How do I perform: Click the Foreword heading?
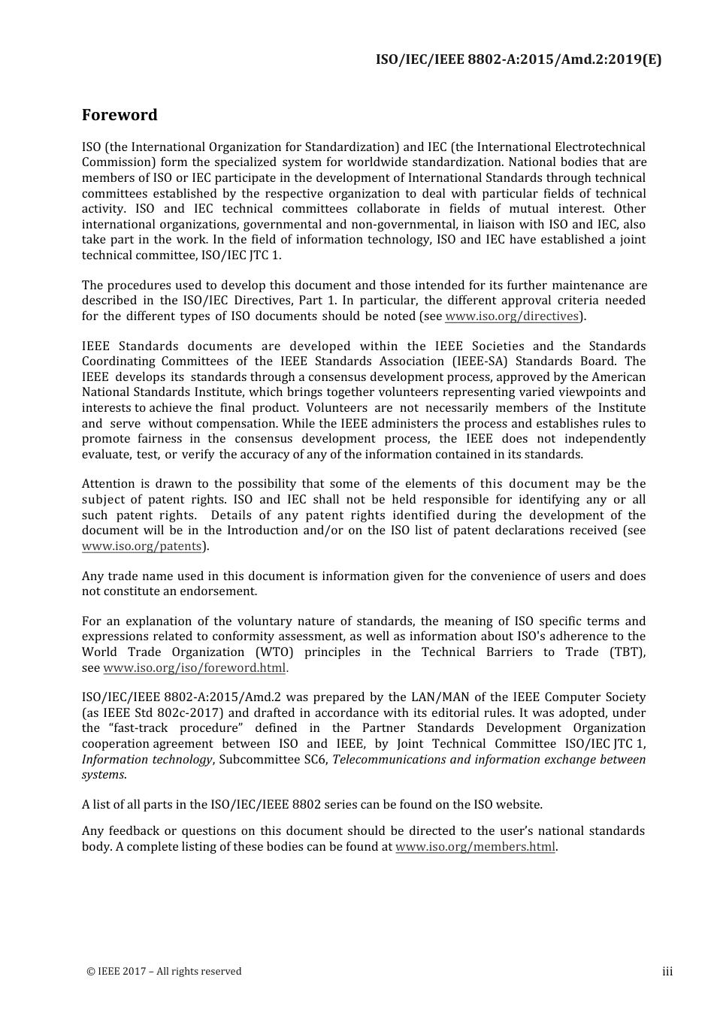coord(120,115)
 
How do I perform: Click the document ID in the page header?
coord(519,59)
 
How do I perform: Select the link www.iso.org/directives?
coord(512,316)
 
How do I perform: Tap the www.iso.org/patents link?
coord(141,546)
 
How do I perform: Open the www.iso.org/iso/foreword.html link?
coord(194,668)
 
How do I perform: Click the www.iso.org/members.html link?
coord(475,847)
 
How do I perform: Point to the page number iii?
coord(667,972)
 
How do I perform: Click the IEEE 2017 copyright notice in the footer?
coord(165,972)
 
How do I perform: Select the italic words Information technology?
coord(147,759)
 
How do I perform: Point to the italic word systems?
coord(103,775)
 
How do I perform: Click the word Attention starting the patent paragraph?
coord(107,484)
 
